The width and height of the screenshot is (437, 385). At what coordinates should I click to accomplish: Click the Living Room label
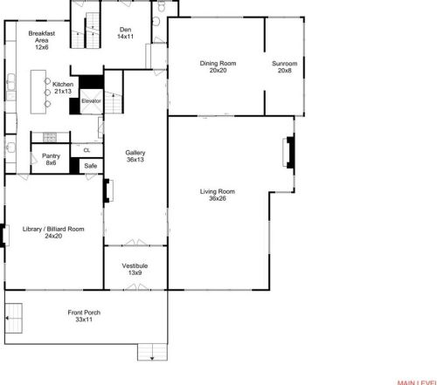coord(222,196)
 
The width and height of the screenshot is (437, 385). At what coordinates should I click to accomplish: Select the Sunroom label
coord(283,66)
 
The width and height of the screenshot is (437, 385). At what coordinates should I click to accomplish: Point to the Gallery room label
coord(135,156)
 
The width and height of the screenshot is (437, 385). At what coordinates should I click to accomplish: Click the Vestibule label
coord(135,269)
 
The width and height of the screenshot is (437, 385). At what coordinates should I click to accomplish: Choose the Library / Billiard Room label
coord(53,233)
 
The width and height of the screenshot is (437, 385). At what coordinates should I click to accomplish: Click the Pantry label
coord(51,160)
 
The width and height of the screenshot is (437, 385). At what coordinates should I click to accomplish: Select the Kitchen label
coord(62,87)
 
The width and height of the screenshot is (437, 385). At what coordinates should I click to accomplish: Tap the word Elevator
coord(92,102)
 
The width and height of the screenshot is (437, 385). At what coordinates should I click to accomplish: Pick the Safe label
coord(90,166)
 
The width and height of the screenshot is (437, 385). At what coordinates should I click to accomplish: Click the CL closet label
coord(87,150)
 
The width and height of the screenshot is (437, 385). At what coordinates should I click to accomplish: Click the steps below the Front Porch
coord(156,352)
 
